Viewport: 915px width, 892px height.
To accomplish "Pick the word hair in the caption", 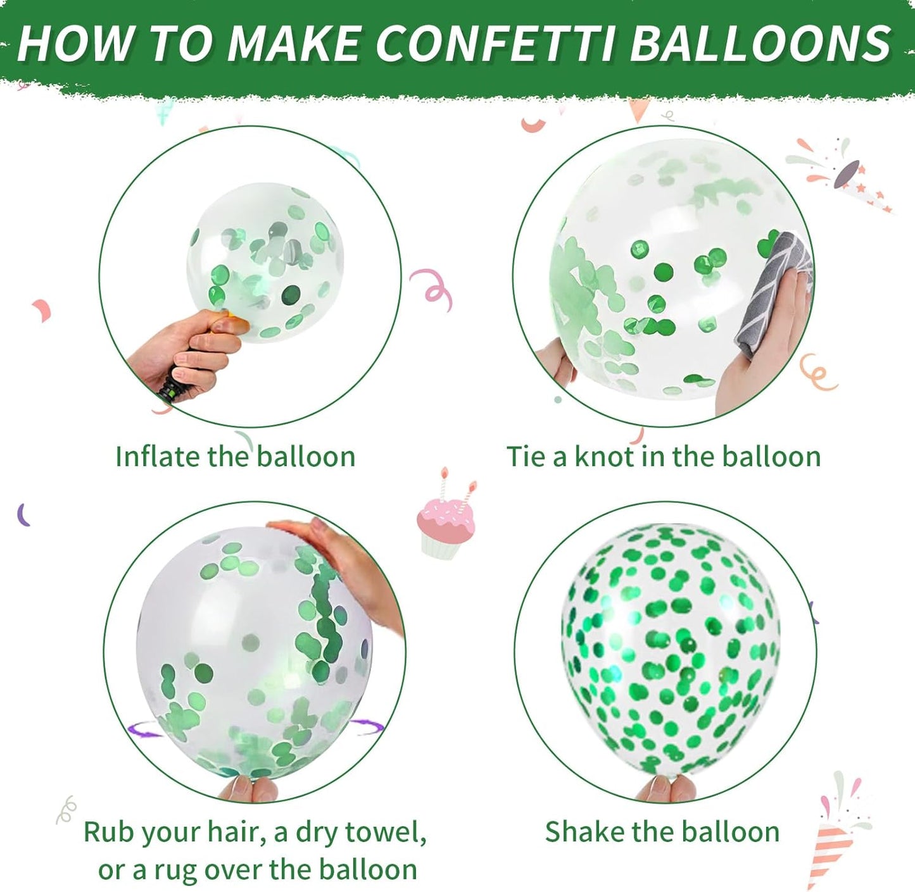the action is tap(236, 832).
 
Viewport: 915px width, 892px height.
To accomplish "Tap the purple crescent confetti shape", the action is tap(23, 514).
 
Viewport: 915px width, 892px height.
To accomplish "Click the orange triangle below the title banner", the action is tap(639, 110).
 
